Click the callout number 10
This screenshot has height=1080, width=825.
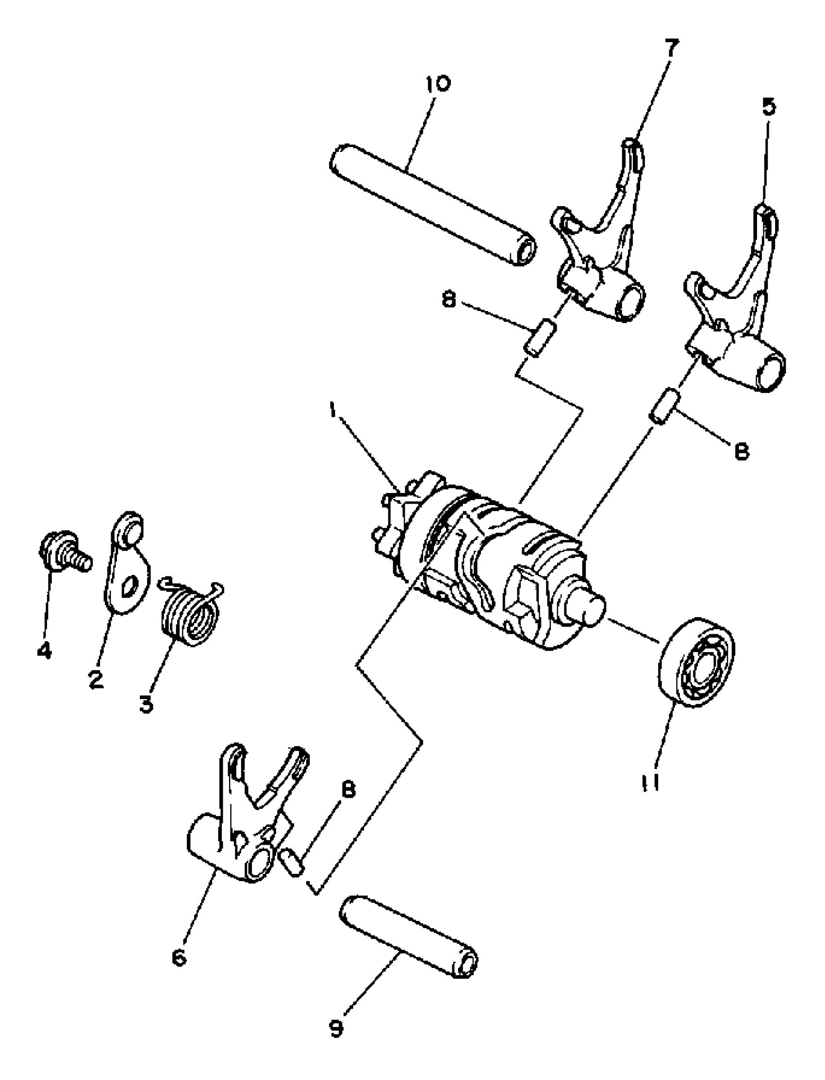[x=438, y=83]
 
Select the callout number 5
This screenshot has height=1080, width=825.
[x=769, y=107]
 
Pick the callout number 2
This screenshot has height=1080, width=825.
[x=96, y=680]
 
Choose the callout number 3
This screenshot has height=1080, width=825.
[x=146, y=705]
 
